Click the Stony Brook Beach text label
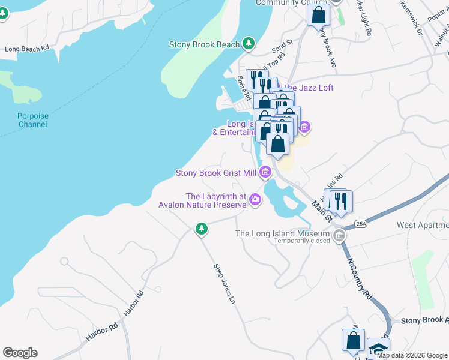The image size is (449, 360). point(204,44)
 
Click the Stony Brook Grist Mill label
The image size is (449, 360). point(216,173)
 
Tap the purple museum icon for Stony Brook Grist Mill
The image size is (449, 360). point(265,173)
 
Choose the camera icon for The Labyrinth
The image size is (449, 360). point(256,199)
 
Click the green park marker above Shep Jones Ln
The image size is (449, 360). point(202,229)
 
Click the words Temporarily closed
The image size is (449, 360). point(301,241)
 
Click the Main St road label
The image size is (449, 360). point(321,212)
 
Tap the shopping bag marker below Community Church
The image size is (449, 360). point(318,14)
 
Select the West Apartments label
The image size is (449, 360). point(423,225)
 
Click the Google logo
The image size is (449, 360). point(20,353)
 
